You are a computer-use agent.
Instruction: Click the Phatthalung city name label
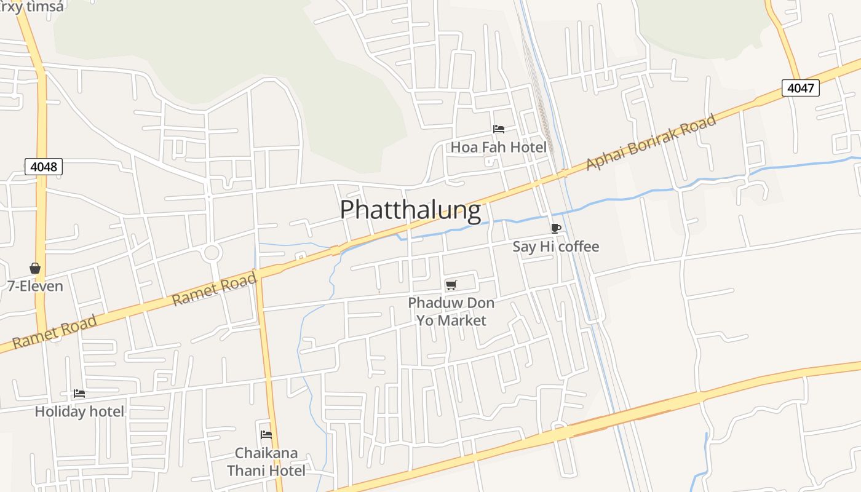[410, 210]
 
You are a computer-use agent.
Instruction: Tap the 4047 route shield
[801, 88]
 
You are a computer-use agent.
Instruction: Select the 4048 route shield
[44, 167]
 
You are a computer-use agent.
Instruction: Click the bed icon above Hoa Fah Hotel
[499, 129]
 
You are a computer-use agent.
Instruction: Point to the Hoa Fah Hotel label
[498, 147]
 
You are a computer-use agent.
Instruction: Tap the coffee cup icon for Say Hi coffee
[556, 229]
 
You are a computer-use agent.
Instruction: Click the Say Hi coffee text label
[555, 247]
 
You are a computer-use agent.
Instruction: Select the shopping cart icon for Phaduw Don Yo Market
[451, 285]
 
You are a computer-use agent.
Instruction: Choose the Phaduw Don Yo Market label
[451, 312]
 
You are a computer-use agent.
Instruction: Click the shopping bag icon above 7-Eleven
[35, 268]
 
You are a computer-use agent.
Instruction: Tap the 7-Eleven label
[35, 286]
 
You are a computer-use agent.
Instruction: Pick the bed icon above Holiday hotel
[79, 394]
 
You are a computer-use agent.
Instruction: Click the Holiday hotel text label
[79, 411]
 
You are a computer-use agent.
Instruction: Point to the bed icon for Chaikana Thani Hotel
[266, 434]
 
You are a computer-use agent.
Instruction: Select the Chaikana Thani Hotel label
[266, 462]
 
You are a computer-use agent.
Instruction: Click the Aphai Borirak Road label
[651, 142]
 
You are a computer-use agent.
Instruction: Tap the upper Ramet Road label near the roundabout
[213, 290]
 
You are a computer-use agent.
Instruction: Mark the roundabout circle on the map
[212, 252]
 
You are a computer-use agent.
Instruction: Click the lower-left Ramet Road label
[55, 331]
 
